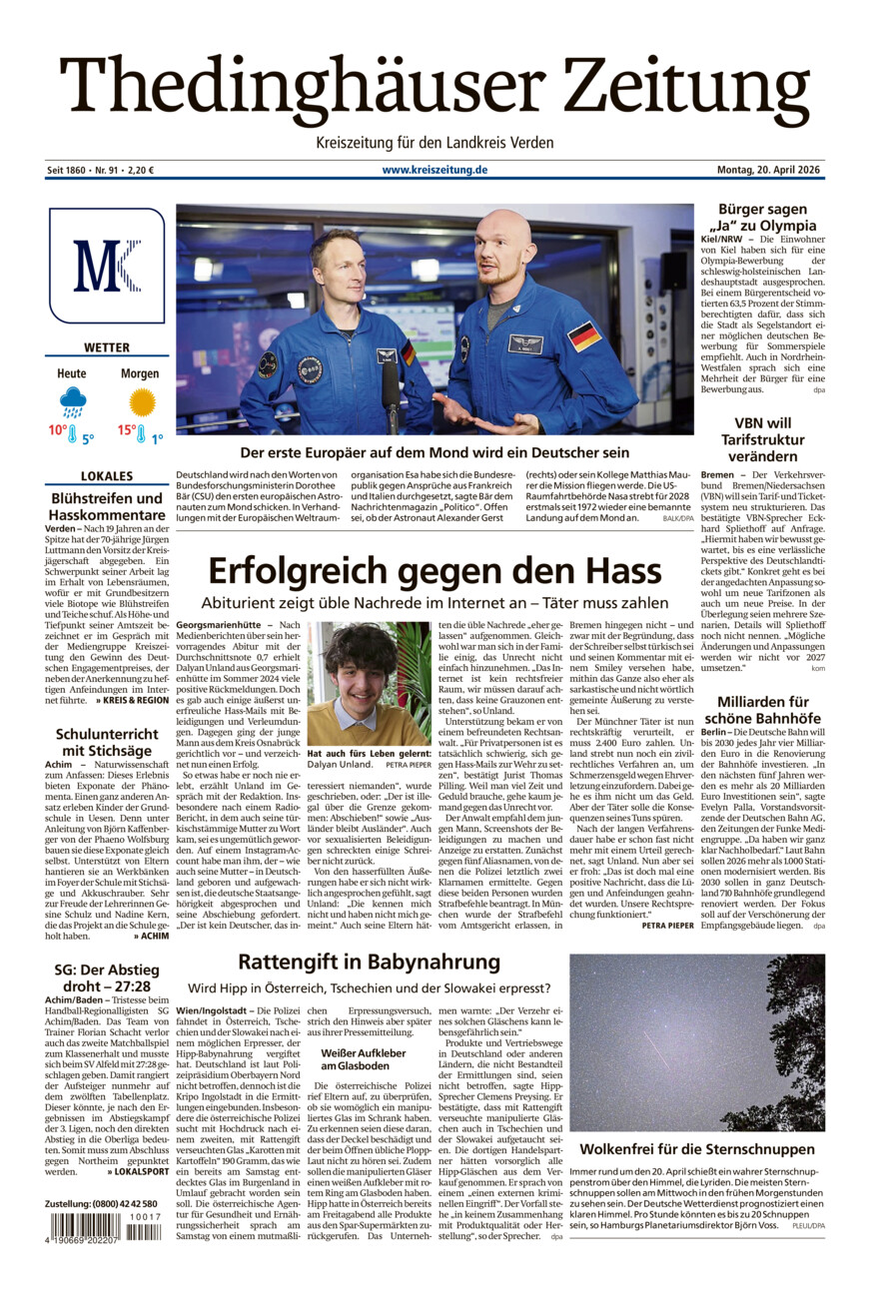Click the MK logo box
tap(107, 266)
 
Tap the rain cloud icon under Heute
tap(72, 403)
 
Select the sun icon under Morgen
tap(142, 402)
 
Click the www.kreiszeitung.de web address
tap(435, 170)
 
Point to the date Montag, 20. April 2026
tap(769, 170)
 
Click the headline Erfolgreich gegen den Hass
tap(435, 571)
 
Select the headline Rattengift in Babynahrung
tap(369, 962)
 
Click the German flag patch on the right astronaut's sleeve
tap(584, 336)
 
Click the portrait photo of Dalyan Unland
tap(369, 682)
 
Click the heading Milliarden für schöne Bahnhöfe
tap(762, 710)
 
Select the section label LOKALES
tap(107, 476)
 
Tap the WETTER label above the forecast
tap(107, 348)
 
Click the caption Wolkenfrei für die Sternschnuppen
tap(697, 1148)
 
